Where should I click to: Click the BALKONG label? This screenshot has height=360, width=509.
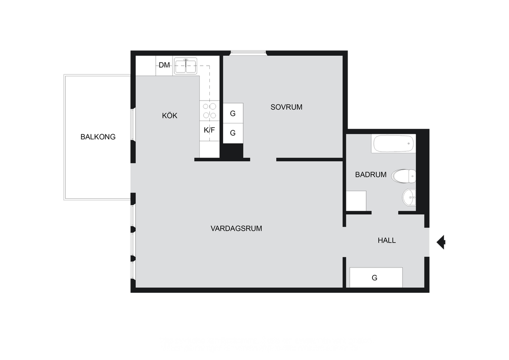[x=98, y=137]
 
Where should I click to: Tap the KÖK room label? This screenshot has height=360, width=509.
[x=170, y=115]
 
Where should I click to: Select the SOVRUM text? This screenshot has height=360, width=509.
[x=286, y=107]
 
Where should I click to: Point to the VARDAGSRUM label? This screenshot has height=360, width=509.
[x=236, y=229]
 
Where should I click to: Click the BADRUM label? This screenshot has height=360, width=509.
[x=371, y=175]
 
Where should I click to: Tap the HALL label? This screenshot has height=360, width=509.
[x=387, y=241]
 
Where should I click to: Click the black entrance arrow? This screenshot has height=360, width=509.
[x=441, y=242]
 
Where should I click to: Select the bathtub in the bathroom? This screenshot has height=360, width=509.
[x=394, y=144]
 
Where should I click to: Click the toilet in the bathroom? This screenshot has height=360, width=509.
[x=404, y=176]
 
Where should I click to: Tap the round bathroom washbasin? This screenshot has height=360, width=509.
[x=409, y=197]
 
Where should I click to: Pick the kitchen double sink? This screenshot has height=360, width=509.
[x=185, y=66]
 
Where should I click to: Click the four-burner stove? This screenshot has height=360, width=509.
[x=209, y=111]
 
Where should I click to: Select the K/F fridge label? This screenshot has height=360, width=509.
[x=209, y=130]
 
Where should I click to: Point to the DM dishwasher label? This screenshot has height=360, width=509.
[x=164, y=65]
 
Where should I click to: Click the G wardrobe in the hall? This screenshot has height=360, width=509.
[x=376, y=277]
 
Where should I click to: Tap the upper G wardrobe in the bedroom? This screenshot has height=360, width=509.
[x=233, y=113]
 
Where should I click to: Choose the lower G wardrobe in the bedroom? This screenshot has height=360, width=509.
[x=233, y=133]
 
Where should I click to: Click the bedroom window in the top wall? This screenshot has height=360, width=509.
[x=249, y=53]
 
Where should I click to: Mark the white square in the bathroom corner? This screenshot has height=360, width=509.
[x=356, y=201]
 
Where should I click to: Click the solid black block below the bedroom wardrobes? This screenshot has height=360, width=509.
[x=233, y=151]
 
